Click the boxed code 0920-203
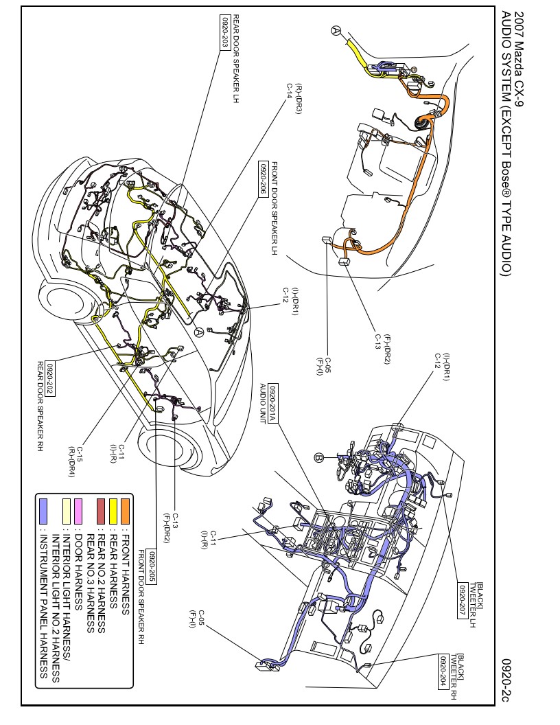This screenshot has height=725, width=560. [x=224, y=32]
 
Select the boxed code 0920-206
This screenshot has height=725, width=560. [x=264, y=178]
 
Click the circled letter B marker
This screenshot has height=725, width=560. [x=318, y=457]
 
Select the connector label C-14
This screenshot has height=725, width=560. [x=290, y=91]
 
